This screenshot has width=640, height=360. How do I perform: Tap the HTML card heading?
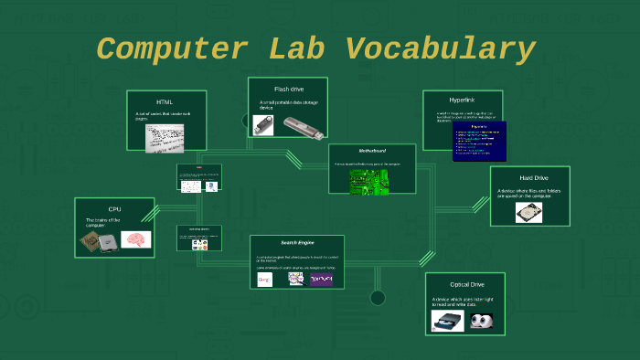click(x=165, y=101)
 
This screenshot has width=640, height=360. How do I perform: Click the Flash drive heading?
click(x=288, y=89)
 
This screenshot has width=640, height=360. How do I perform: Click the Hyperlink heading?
click(x=462, y=100)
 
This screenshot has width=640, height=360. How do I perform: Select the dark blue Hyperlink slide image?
click(x=479, y=142)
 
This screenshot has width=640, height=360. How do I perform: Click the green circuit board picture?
click(x=368, y=179)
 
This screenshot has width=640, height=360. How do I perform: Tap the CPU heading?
click(x=114, y=209)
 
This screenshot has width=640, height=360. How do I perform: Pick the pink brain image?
click(x=135, y=239)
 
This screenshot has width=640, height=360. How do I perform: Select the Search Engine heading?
click(x=296, y=243)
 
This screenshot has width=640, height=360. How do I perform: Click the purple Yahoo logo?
click(x=321, y=279)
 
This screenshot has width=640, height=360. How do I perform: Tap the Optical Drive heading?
click(x=473, y=284)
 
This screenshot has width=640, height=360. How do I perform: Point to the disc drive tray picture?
click(x=448, y=321)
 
